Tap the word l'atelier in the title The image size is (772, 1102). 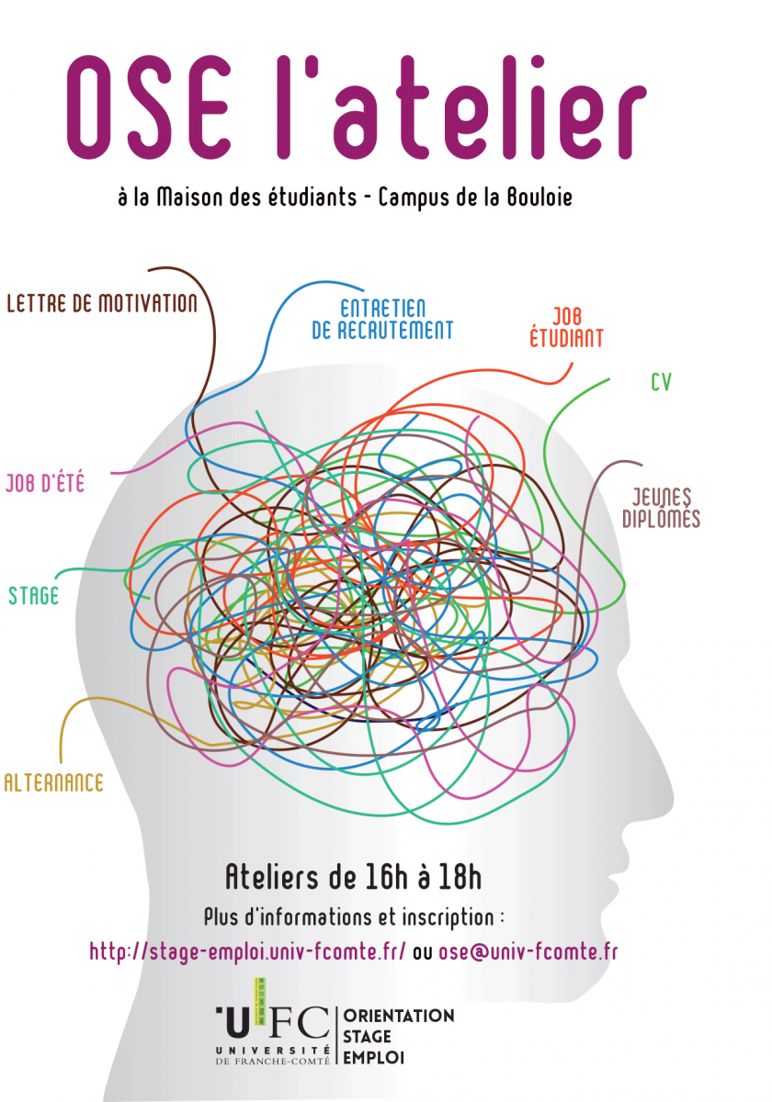click(x=460, y=107)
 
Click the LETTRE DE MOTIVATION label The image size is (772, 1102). click(x=102, y=303)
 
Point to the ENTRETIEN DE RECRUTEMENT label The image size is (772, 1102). click(x=382, y=320)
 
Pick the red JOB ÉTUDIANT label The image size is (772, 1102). click(x=566, y=328)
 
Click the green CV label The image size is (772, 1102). click(x=661, y=382)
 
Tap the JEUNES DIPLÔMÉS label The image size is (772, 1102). click(x=661, y=508)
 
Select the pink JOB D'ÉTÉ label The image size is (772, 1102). click(x=45, y=483)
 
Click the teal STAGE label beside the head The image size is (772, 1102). click(x=33, y=596)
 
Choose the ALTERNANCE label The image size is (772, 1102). click(x=53, y=782)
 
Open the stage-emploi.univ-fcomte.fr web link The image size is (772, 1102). click(x=247, y=951)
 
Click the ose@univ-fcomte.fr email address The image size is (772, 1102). click(x=528, y=951)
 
